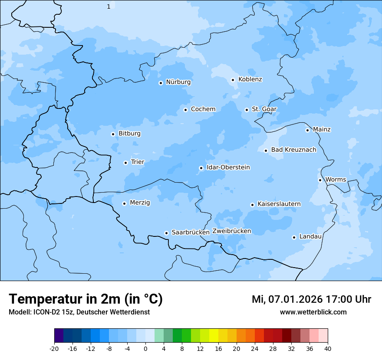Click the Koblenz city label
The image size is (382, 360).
(x=250, y=79)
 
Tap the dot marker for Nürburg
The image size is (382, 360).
(x=161, y=83)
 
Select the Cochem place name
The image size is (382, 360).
(x=203, y=109)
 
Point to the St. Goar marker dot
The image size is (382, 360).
(x=247, y=110)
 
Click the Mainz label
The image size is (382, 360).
(x=322, y=130)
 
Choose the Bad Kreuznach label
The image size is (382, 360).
(x=293, y=150)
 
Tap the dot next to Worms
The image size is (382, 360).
(x=320, y=180)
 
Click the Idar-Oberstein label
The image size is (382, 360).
(x=228, y=167)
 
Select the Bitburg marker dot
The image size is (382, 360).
(x=113, y=134)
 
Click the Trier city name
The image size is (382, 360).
(x=138, y=162)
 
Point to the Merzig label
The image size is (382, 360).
(x=140, y=203)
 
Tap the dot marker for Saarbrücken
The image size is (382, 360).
(x=166, y=233)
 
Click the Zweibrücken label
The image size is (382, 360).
(x=232, y=231)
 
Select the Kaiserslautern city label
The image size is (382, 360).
(x=279, y=204)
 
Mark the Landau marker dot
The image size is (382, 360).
(x=294, y=237)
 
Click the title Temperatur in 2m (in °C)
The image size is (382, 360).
(x=86, y=299)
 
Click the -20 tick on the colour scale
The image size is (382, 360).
(x=54, y=348)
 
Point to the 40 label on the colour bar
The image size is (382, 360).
(x=328, y=348)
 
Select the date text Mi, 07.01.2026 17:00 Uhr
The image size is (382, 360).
(x=311, y=299)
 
